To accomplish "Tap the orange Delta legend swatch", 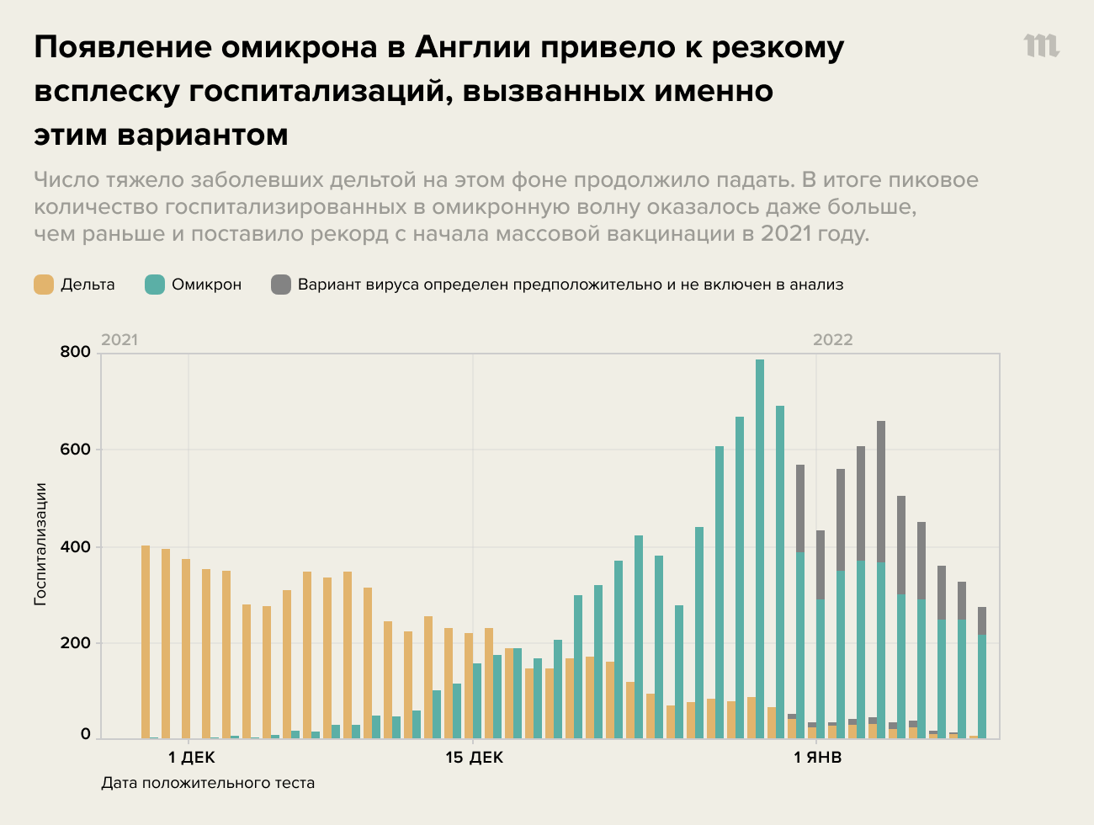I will tap(44, 285).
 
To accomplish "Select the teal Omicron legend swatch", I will tap(155, 285).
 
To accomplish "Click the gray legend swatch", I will tap(281, 285).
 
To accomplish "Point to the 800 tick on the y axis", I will tap(75, 352).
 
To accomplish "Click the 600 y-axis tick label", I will tap(75, 450).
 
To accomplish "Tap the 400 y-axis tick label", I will tap(75, 547).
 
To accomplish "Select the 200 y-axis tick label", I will tap(75, 643).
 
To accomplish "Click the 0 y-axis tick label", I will tap(85, 735).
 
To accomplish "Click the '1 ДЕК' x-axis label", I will tap(191, 758).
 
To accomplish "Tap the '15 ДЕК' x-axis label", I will tap(474, 758).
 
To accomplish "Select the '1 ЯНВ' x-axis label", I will tap(817, 758).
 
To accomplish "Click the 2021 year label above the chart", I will tap(119, 340).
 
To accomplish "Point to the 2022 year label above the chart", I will tap(832, 340).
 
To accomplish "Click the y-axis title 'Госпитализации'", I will tap(40, 543).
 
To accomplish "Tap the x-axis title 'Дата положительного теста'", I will tap(208, 783).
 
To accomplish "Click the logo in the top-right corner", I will tap(1041, 46).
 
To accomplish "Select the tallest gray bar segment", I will tap(881, 492).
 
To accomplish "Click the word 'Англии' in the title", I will tap(471, 48).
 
